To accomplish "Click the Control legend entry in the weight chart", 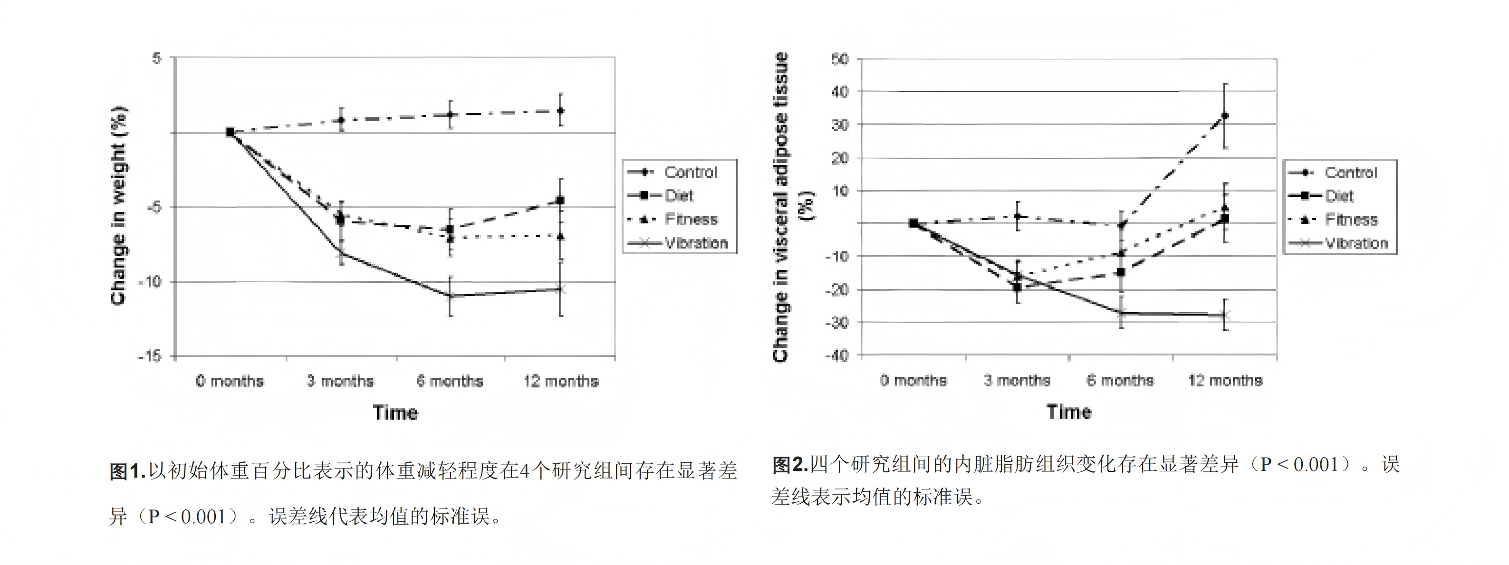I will coord(680,172).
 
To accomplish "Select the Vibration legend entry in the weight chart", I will coord(680,243).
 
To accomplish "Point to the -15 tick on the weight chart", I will coord(149,356).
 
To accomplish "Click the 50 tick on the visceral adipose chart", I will coord(839,58).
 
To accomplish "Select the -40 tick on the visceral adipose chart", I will coord(836,355).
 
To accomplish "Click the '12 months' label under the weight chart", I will coord(561,381).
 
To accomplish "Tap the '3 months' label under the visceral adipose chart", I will coord(1017,381).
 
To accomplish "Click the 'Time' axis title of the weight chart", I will coord(395,413).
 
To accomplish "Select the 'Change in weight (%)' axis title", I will coord(118,205).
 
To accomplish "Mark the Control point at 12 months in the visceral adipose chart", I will coord(1225,116).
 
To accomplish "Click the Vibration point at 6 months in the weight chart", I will coord(450,296).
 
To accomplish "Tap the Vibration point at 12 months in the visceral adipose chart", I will coord(1225,316).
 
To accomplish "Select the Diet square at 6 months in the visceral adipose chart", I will coord(1121,272).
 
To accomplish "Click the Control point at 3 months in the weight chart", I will coord(340,120).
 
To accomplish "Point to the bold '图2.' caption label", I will coord(790,465).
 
